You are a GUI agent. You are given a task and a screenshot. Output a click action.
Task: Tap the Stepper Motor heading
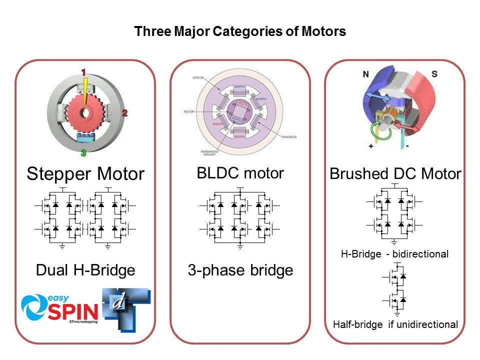click(85, 174)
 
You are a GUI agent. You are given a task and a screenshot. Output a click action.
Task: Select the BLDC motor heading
click(240, 173)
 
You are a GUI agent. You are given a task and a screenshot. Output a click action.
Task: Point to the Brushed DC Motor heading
click(395, 174)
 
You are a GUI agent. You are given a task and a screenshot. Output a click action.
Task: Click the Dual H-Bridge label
click(85, 270)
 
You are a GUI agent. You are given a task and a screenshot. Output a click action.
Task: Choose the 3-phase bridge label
click(240, 270)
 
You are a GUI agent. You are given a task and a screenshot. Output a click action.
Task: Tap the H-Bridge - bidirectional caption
click(394, 254)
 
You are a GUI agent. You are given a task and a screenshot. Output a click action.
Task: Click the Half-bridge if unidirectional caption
click(395, 324)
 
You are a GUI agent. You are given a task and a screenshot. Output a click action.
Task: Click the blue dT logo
click(125, 308)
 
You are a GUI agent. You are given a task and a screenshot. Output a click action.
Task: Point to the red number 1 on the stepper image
click(84, 71)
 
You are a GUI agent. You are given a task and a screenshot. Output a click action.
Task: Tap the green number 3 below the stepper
click(83, 153)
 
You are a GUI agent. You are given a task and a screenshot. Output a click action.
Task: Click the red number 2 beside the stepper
click(124, 113)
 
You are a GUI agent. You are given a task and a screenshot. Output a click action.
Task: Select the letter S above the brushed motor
click(434, 74)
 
